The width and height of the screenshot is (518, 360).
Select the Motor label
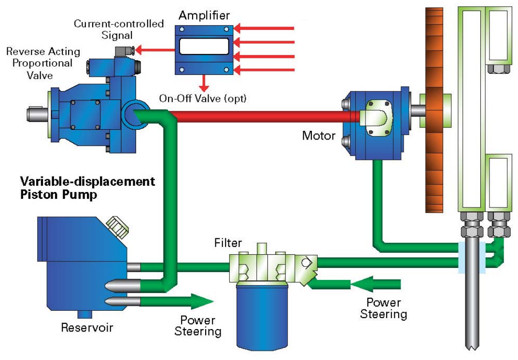318,136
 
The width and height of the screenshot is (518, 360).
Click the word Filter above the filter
228,242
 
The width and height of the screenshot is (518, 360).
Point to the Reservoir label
87,328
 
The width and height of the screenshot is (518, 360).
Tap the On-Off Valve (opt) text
203,98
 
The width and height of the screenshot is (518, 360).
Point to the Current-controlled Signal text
118,29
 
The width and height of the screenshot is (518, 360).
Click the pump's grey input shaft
36,113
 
